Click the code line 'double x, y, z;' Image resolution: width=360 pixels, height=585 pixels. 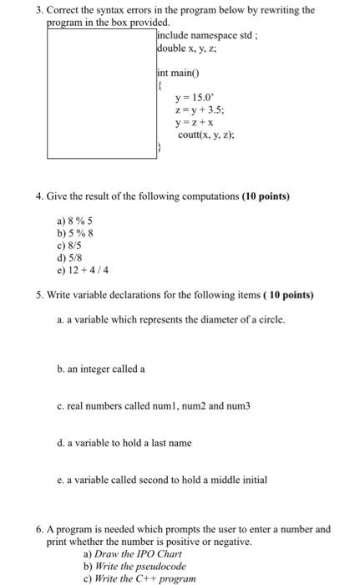click(189, 48)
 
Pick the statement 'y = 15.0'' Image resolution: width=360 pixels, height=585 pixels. click(195, 98)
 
